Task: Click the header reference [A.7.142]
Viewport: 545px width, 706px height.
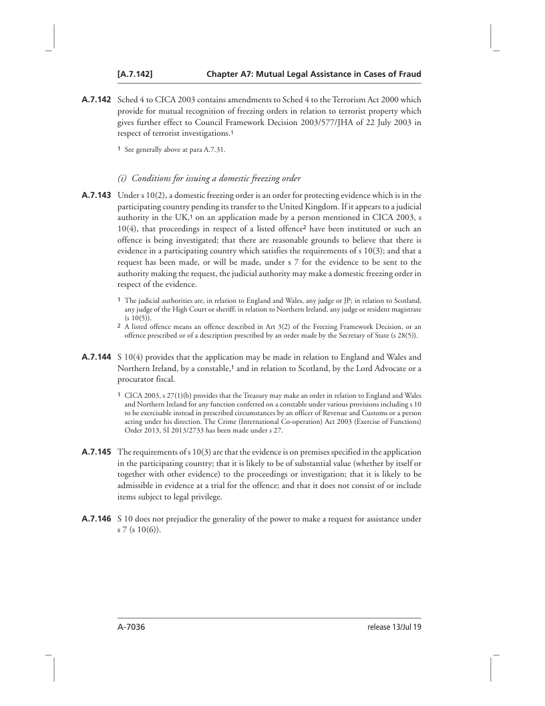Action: (x=136, y=74)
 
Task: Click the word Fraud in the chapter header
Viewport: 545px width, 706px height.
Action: (x=407, y=74)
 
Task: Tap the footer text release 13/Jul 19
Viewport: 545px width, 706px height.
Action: (x=394, y=628)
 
